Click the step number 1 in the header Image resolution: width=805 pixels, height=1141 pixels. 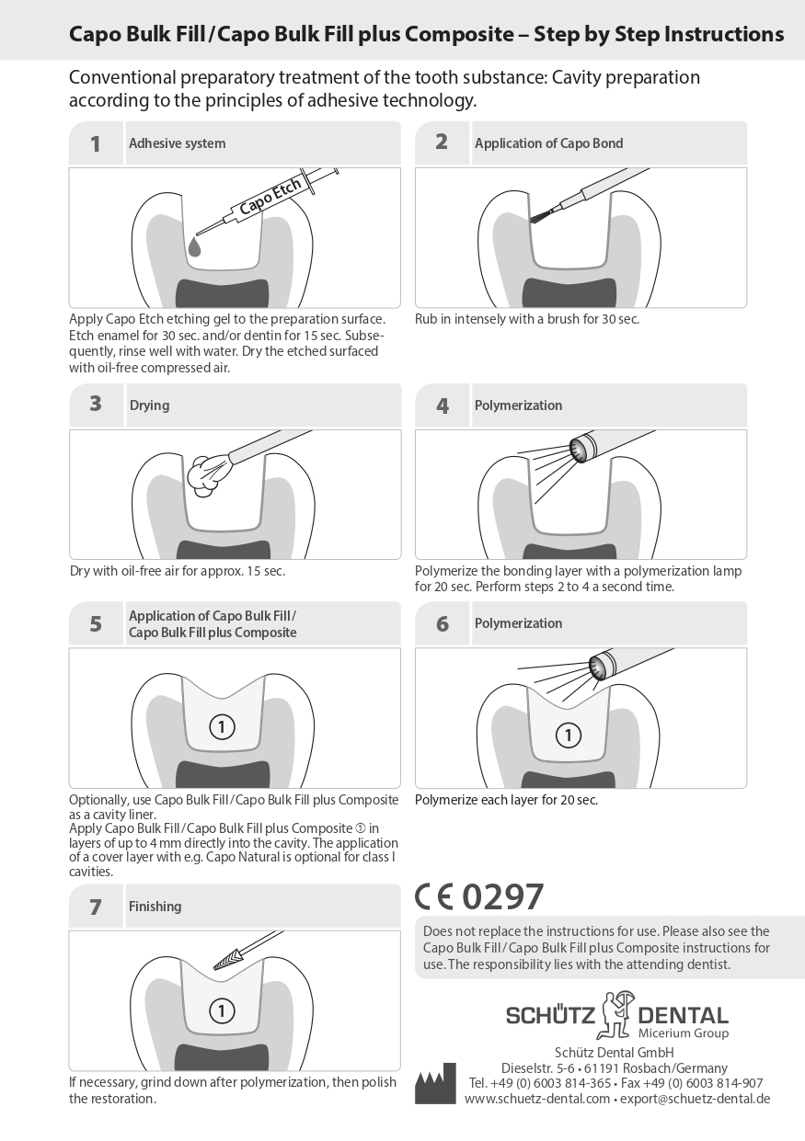(95, 144)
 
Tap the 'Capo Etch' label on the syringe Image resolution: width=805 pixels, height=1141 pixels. (270, 197)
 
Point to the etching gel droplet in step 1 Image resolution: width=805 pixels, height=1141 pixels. (194, 246)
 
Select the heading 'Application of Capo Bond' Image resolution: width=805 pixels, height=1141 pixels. (548, 143)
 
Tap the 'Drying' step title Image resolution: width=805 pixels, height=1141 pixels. (149, 405)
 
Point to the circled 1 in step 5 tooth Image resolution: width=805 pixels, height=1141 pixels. (222, 727)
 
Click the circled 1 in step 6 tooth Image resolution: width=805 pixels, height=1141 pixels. (569, 735)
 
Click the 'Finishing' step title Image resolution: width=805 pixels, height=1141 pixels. (155, 907)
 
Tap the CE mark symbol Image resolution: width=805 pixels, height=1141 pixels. (434, 897)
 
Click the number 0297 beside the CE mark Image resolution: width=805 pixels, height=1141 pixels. (502, 897)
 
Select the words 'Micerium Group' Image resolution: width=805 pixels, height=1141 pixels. (684, 1033)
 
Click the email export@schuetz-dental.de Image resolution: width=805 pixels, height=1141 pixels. (695, 1099)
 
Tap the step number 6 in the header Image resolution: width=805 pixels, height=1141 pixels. (442, 624)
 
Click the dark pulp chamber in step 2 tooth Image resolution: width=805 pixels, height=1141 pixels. (569, 292)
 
